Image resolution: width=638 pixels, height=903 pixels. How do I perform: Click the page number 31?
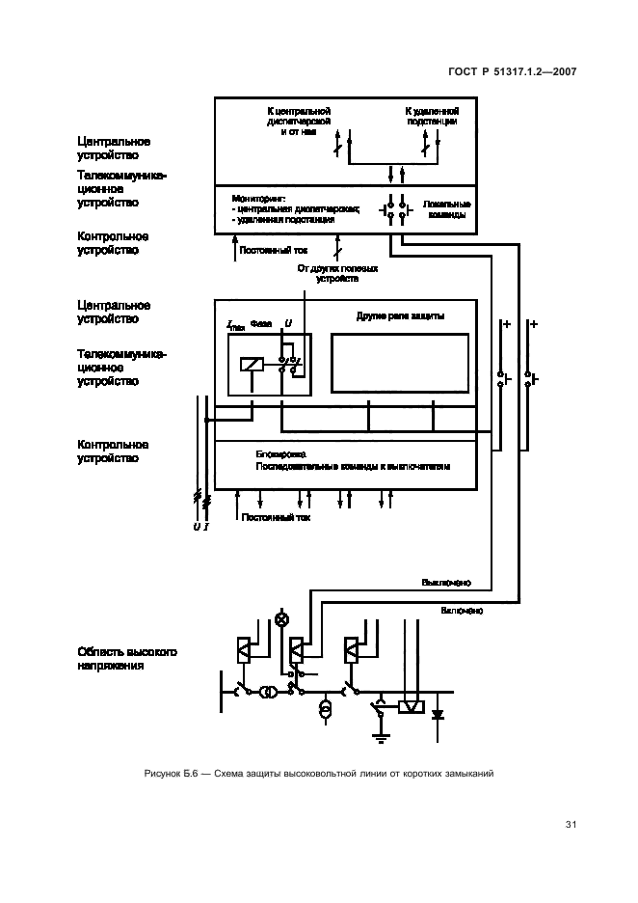(571, 824)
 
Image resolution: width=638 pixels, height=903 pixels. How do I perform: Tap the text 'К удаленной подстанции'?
(430, 117)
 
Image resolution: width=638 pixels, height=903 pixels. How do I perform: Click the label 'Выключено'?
(446, 583)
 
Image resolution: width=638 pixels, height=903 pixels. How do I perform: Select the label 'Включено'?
(463, 611)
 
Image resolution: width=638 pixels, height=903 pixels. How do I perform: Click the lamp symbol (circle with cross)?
(282, 619)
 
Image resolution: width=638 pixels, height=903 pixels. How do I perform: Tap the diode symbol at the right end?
(439, 715)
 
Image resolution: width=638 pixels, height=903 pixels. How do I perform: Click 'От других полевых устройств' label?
(337, 273)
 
